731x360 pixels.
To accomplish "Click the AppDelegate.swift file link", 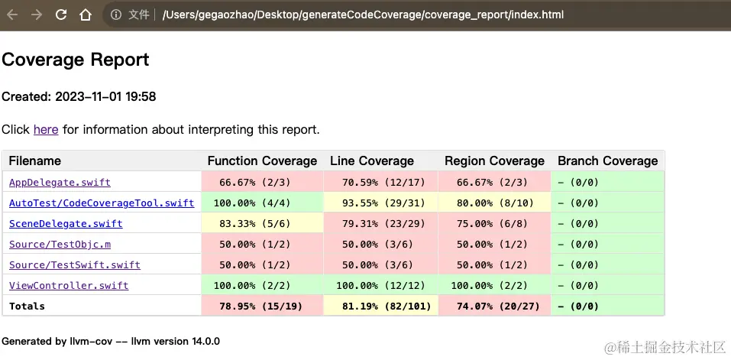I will (x=60, y=183).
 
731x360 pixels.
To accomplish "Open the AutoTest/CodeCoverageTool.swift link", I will (x=102, y=203).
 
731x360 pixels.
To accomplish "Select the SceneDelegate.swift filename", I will (x=66, y=224).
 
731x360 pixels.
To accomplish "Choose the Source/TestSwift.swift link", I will (x=75, y=265).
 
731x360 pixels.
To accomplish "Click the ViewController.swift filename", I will (x=69, y=286).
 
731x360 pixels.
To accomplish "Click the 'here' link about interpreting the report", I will (x=46, y=130).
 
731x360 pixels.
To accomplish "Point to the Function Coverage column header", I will (x=262, y=161).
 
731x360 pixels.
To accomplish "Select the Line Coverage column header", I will (x=372, y=161).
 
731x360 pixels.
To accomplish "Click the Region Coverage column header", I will (x=494, y=161).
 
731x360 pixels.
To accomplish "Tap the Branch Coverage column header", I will (x=607, y=161).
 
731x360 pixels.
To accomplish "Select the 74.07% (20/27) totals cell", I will (x=495, y=306).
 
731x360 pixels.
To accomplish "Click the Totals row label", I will (x=27, y=306).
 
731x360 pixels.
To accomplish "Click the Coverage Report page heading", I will (x=76, y=60).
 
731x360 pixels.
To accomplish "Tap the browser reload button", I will (x=61, y=15).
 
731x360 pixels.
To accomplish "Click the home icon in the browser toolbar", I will (x=86, y=15).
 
